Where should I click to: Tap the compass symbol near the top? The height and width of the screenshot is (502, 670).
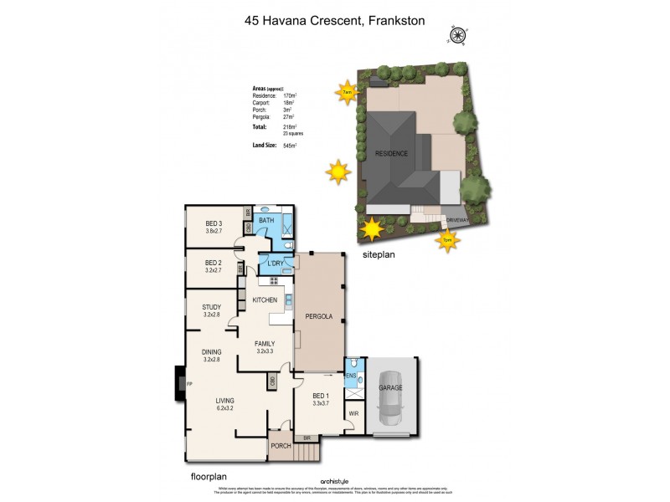(x=458, y=35)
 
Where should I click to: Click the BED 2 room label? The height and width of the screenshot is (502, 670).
(x=214, y=267)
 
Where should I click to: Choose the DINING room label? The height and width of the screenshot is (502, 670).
(x=211, y=355)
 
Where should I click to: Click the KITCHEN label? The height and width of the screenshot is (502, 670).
(x=265, y=300)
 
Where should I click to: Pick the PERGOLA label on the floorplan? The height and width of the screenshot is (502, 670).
(x=320, y=316)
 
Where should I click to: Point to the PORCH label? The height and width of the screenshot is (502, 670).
(x=281, y=446)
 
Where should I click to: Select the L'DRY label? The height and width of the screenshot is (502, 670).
(x=275, y=264)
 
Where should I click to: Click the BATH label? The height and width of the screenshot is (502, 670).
(x=266, y=220)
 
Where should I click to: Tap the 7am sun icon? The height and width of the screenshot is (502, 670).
(x=345, y=93)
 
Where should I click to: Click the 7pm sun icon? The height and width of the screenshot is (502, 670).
(x=447, y=241)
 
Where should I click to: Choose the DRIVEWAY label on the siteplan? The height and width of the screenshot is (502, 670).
(x=457, y=221)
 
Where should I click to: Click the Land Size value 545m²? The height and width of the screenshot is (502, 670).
(x=291, y=146)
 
